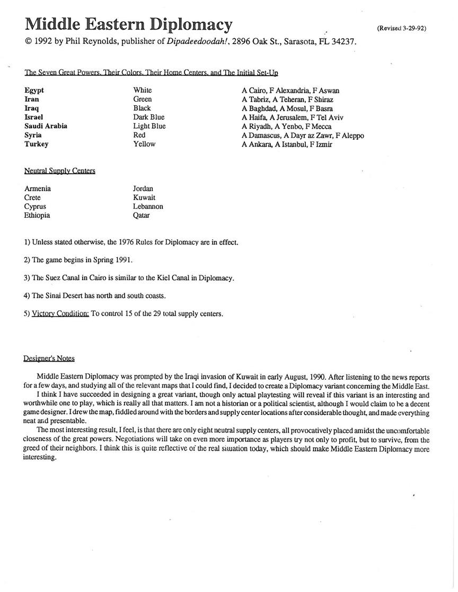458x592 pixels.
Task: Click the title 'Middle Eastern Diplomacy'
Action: click(x=128, y=24)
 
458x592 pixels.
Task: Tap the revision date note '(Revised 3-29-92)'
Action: click(x=401, y=29)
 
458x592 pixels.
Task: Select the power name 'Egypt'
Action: click(x=34, y=91)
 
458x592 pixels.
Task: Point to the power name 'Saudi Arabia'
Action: click(x=46, y=126)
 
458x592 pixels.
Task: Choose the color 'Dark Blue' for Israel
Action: click(x=149, y=117)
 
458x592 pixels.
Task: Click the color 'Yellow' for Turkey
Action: click(x=144, y=144)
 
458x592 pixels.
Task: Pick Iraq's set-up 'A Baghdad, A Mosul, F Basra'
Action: click(x=287, y=109)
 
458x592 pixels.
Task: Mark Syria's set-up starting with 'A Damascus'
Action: click(x=303, y=136)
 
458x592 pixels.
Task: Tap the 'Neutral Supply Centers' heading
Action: click(x=60, y=171)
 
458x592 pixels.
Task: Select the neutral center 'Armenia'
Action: click(x=38, y=189)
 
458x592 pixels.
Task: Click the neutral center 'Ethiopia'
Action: click(x=38, y=216)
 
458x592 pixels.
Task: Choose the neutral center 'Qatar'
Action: click(x=141, y=216)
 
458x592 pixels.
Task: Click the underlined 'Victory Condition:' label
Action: click(x=60, y=313)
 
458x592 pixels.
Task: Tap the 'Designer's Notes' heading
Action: click(x=49, y=358)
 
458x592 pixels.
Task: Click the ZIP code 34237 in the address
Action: click(x=343, y=42)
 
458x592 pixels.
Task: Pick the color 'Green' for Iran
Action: click(x=143, y=99)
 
